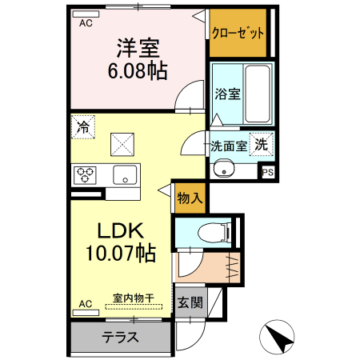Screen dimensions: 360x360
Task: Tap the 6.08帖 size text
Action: coord(137,70)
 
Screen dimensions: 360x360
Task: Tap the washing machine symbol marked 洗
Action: coord(261,145)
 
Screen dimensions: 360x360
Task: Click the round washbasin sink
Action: coord(222,170)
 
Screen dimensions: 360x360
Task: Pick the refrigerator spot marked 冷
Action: coord(83,126)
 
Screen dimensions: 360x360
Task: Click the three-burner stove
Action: coord(86,174)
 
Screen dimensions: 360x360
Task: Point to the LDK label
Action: coord(120,231)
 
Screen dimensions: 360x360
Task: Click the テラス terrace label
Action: coord(120,337)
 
